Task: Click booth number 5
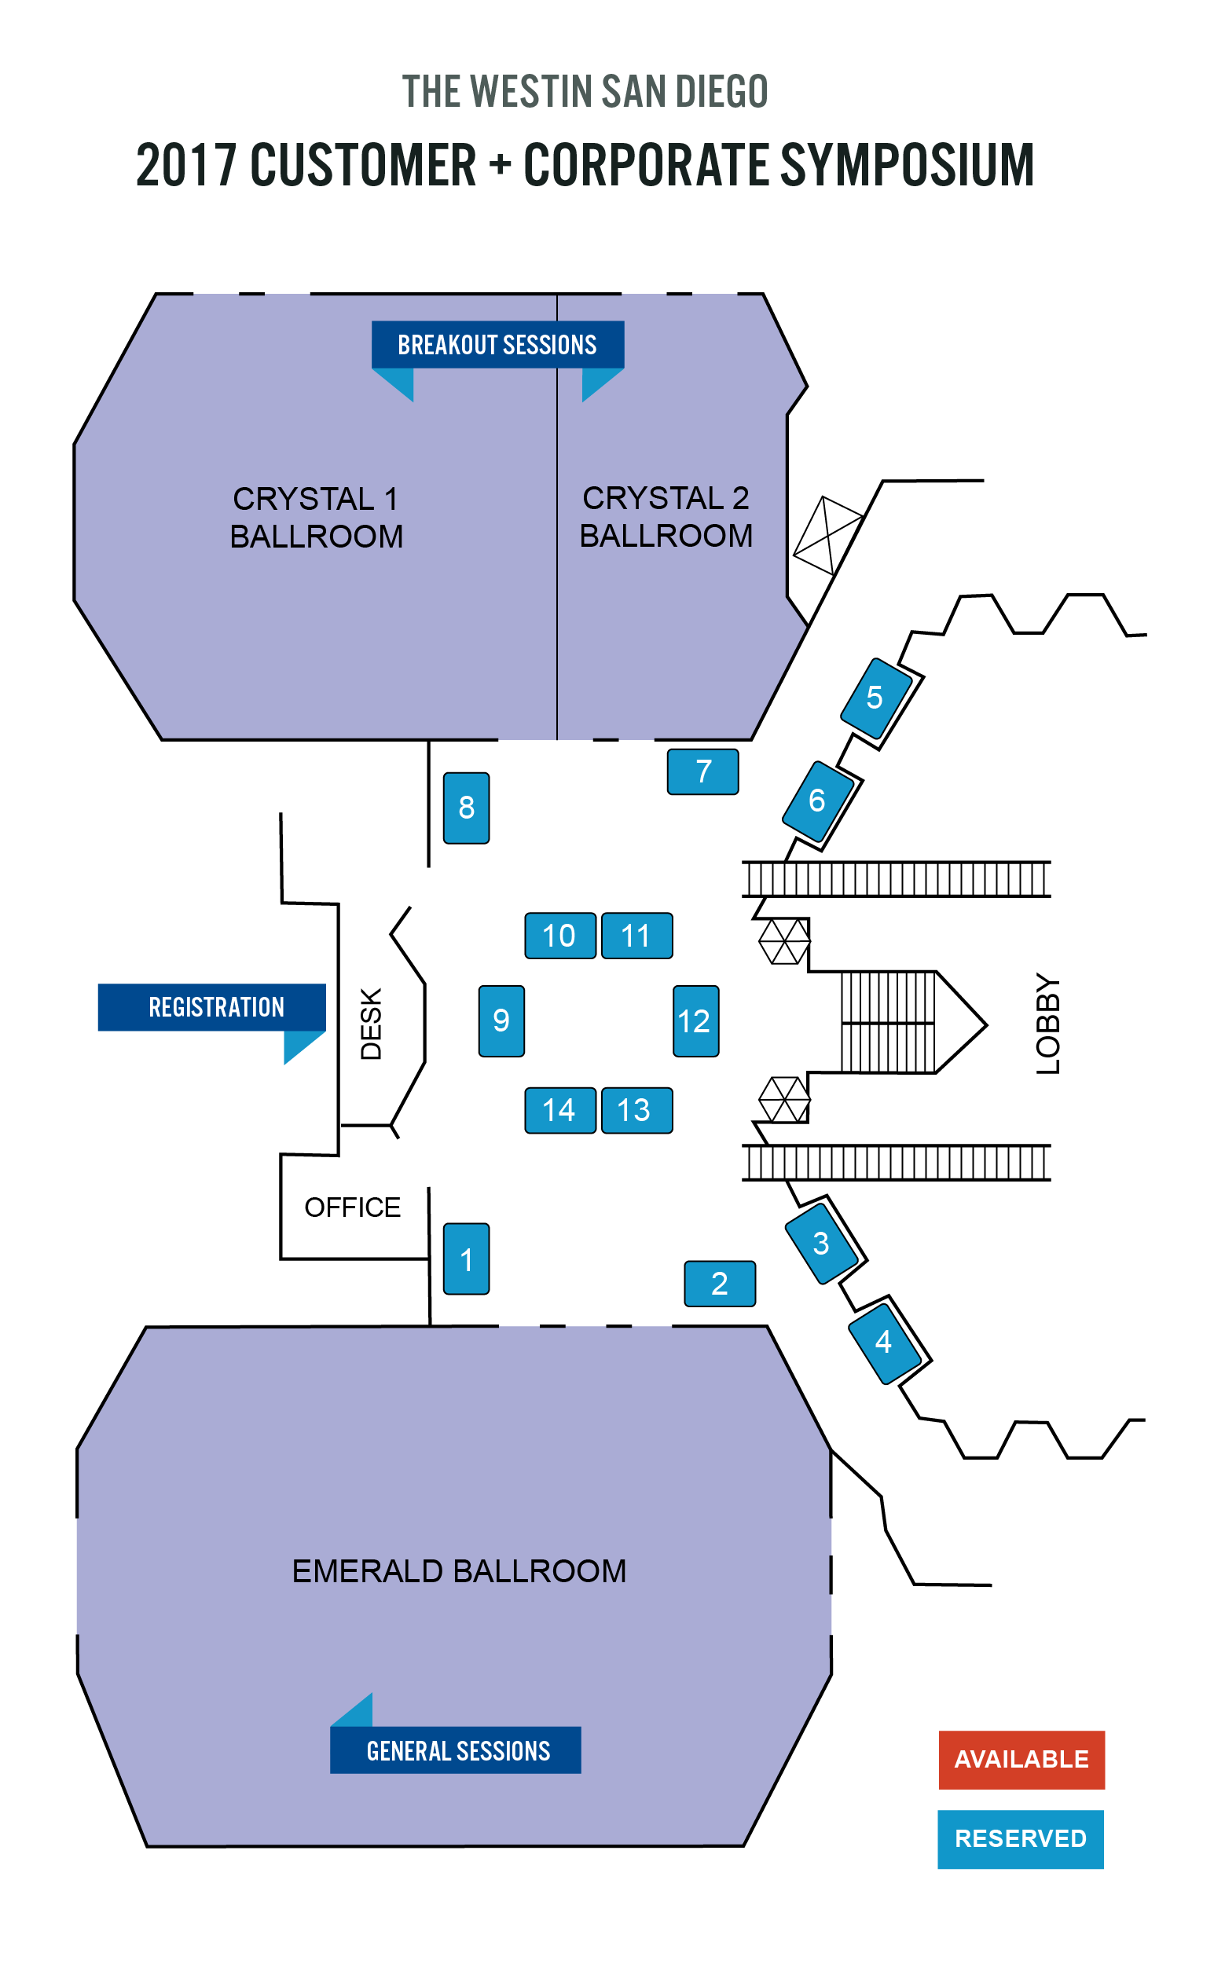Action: tap(875, 698)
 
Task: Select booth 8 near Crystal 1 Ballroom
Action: tap(467, 808)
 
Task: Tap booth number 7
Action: tap(703, 771)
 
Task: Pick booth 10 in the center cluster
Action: tap(559, 935)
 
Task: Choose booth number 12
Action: tap(695, 1021)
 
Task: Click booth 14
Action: tap(559, 1110)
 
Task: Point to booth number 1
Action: tap(467, 1259)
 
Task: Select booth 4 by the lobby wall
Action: tap(885, 1340)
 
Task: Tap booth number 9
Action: tap(502, 1021)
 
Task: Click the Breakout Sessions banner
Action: tap(498, 344)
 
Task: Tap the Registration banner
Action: tap(212, 1006)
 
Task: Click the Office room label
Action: tap(353, 1207)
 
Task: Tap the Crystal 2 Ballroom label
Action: tap(666, 517)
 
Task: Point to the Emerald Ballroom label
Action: tap(458, 1570)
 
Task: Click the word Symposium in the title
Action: tap(907, 165)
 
